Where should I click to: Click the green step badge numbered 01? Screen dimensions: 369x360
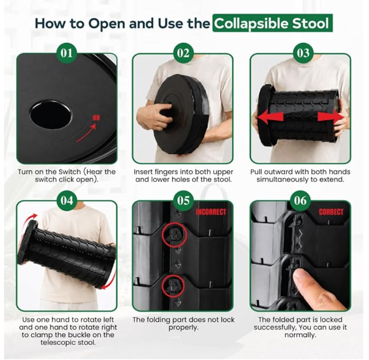pyautogui.click(x=66, y=53)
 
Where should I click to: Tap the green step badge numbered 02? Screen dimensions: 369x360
pyautogui.click(x=183, y=53)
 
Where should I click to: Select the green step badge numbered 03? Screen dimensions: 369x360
pyautogui.click(x=303, y=53)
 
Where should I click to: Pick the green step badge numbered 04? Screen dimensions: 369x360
pyautogui.click(x=67, y=201)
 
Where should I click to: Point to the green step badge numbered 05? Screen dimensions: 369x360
pyautogui.click(x=183, y=201)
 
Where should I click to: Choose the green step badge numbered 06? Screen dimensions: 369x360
pyautogui.click(x=300, y=201)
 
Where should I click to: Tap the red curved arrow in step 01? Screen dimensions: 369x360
pyautogui.click(x=86, y=134)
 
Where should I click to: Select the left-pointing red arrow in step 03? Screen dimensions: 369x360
pyautogui.click(x=270, y=117)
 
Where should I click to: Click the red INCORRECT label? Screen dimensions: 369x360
pyautogui.click(x=211, y=212)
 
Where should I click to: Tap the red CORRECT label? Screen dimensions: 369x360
pyautogui.click(x=331, y=212)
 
